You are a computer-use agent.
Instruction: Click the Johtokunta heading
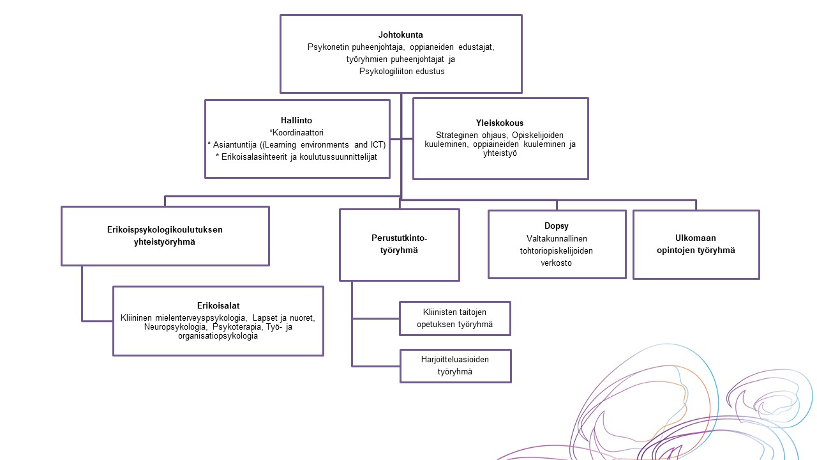401,34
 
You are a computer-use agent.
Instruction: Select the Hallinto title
296,120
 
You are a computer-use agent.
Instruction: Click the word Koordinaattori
298,133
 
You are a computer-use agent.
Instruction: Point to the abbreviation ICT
378,144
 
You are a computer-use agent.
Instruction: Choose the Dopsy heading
557,226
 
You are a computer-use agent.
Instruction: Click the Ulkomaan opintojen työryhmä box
696,244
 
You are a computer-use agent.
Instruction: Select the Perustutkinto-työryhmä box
399,244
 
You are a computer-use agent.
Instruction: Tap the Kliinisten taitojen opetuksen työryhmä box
455,318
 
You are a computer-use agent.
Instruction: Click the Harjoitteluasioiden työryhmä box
455,365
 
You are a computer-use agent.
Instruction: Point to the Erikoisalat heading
218,305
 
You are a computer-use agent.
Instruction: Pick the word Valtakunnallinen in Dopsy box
557,238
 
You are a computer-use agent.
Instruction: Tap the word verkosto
557,263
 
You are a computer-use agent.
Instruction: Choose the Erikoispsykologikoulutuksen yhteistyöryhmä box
165,235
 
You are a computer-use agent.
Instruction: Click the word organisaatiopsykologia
218,336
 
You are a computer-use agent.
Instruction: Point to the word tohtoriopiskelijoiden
557,250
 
